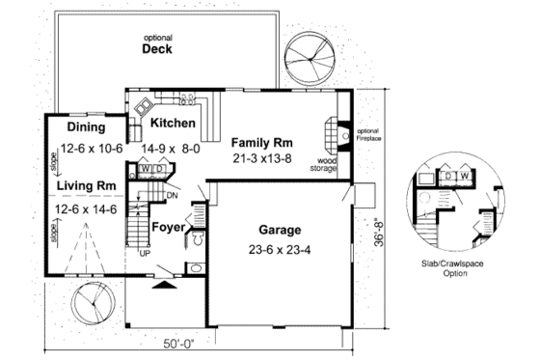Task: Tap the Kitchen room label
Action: point(174,124)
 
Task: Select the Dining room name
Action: point(86,128)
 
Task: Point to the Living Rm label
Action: point(86,185)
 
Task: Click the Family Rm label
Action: point(262,142)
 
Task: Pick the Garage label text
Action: point(280,231)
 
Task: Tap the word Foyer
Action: point(169,228)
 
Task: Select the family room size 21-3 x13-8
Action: point(262,156)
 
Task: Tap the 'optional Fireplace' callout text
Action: point(368,134)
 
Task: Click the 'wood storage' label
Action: point(323,165)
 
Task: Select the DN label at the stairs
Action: point(173,196)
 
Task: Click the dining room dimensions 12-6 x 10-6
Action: point(90,148)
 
